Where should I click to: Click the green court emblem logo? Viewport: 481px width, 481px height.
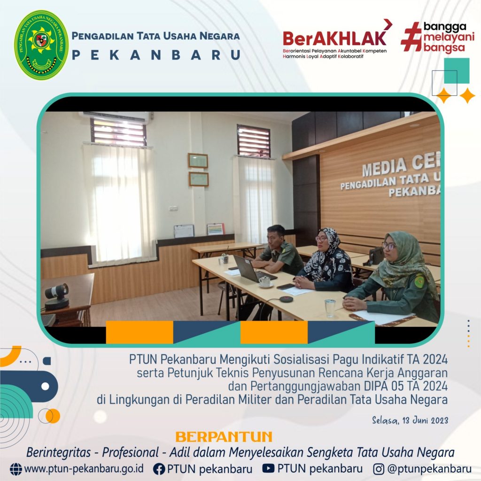click(41, 45)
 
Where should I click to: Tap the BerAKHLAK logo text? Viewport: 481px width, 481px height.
click(334, 38)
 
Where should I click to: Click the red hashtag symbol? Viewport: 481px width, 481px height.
click(411, 36)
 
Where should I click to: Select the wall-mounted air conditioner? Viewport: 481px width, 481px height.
click(116, 116)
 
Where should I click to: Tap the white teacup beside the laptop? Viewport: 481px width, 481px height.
click(265, 281)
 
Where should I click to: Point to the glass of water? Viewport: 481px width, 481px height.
click(330, 308)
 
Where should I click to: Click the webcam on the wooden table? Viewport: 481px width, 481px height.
click(57, 296)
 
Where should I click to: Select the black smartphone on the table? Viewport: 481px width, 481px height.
click(286, 287)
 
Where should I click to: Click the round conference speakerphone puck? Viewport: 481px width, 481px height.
click(286, 299)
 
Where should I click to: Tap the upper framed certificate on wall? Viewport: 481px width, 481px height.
click(198, 161)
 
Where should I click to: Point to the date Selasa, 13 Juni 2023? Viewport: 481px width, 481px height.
click(410, 420)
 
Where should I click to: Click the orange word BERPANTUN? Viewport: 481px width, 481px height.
click(224, 437)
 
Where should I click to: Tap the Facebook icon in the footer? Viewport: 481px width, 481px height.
click(159, 469)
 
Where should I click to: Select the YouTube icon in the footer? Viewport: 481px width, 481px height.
click(268, 468)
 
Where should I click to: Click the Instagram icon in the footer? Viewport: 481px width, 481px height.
click(379, 469)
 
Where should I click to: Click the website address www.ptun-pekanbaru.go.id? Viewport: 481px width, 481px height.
click(84, 469)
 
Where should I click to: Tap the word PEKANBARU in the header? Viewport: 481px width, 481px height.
click(156, 55)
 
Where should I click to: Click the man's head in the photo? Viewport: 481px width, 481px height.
click(276, 235)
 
